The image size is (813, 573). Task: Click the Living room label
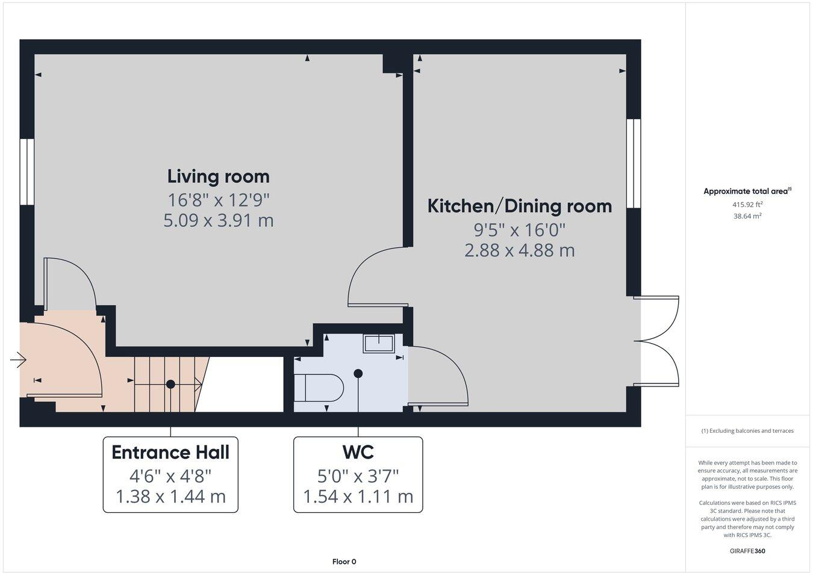pyautogui.click(x=218, y=176)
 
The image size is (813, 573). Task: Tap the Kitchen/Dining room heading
pyautogui.click(x=519, y=206)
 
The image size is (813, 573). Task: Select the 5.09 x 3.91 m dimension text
pyautogui.click(x=218, y=220)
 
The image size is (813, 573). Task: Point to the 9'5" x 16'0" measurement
pyautogui.click(x=519, y=229)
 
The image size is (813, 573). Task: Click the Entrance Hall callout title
pyautogui.click(x=170, y=452)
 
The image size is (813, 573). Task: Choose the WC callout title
pyautogui.click(x=358, y=452)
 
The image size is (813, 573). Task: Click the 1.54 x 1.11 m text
pyautogui.click(x=358, y=497)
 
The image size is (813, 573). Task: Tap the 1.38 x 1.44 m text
pyautogui.click(x=170, y=497)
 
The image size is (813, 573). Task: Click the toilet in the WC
pyautogui.click(x=319, y=388)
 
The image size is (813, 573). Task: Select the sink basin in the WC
pyautogui.click(x=378, y=344)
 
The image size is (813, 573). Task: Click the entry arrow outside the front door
pyautogui.click(x=18, y=360)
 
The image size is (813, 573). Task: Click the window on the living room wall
pyautogui.click(x=26, y=172)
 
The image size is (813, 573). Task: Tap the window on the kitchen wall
pyautogui.click(x=634, y=163)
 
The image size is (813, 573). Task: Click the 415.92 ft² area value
pyautogui.click(x=747, y=204)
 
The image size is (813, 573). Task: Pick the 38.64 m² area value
pyautogui.click(x=747, y=216)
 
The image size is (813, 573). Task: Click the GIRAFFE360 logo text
pyautogui.click(x=747, y=550)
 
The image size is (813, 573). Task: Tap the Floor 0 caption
pyautogui.click(x=344, y=562)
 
